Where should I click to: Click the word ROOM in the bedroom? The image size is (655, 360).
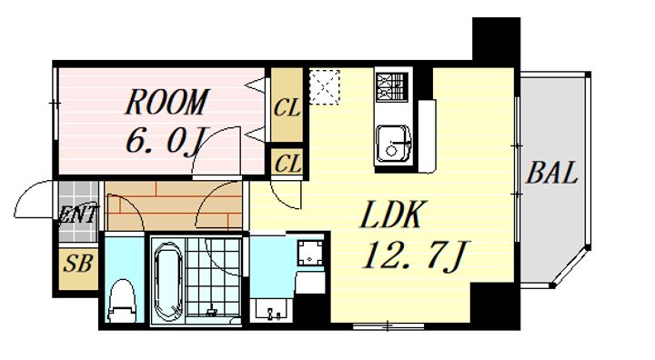click(x=166, y=102)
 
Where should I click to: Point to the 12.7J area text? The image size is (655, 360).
click(x=417, y=255)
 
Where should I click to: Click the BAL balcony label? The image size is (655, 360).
click(x=552, y=173)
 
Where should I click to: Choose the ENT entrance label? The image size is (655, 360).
click(x=78, y=215)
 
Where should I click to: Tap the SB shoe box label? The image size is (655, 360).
click(x=77, y=264)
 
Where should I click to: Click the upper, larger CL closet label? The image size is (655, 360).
click(x=287, y=108)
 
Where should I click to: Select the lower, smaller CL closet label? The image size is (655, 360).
click(x=287, y=164)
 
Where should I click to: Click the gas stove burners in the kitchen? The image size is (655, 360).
click(x=391, y=87)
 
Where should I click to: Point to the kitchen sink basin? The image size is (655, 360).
click(x=393, y=144)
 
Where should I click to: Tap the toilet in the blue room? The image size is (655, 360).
click(x=122, y=302)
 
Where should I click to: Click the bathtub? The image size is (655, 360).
click(x=167, y=282)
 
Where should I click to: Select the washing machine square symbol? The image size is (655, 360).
click(x=309, y=253)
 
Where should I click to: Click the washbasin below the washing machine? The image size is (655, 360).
click(x=272, y=310)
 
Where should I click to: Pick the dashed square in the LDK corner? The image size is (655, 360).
click(x=324, y=86)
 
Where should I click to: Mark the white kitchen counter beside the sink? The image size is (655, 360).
click(x=428, y=136)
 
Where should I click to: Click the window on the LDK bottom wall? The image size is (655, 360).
click(x=388, y=325)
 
